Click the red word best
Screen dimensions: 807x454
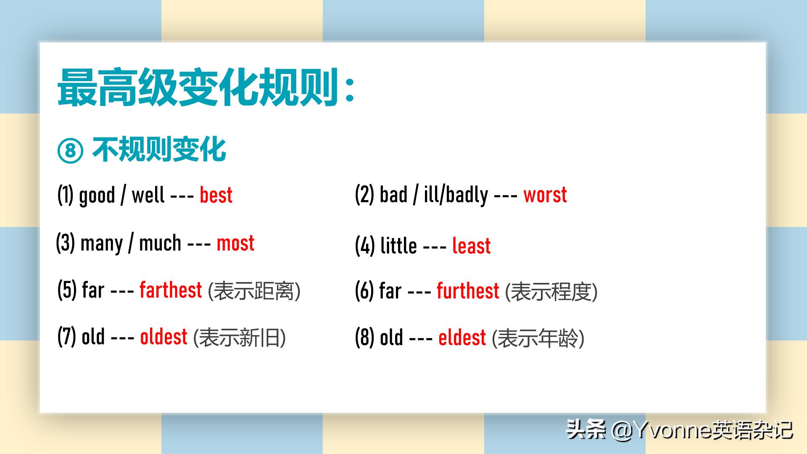[x=216, y=195]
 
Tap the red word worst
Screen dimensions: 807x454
[x=545, y=195]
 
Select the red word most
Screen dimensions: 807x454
[x=235, y=243]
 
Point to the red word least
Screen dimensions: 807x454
[x=471, y=245]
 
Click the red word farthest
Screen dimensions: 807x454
[x=171, y=290]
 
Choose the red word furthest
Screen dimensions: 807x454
[x=468, y=291]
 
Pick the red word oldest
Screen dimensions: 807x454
[x=164, y=337]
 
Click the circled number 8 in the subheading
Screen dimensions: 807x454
[x=70, y=151]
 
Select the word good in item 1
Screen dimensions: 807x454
[x=97, y=196]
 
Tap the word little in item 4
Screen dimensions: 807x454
[x=398, y=245]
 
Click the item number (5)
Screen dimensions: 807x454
[x=67, y=290]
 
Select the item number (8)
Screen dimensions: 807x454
[x=364, y=338]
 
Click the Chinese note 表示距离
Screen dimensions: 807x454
[x=254, y=291]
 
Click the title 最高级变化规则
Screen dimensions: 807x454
[x=198, y=87]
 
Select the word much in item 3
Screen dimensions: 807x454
[x=160, y=243]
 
